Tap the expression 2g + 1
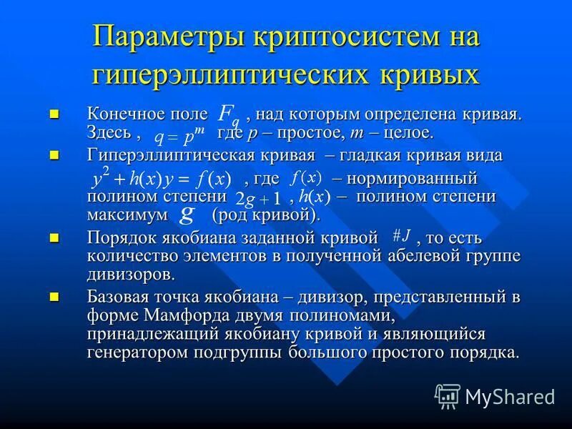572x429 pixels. coord(258,197)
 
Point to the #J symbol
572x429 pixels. coord(400,236)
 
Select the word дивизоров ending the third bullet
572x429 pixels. coord(131,274)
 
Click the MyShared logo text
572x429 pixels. coord(510,396)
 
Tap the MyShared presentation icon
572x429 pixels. coord(448,395)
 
